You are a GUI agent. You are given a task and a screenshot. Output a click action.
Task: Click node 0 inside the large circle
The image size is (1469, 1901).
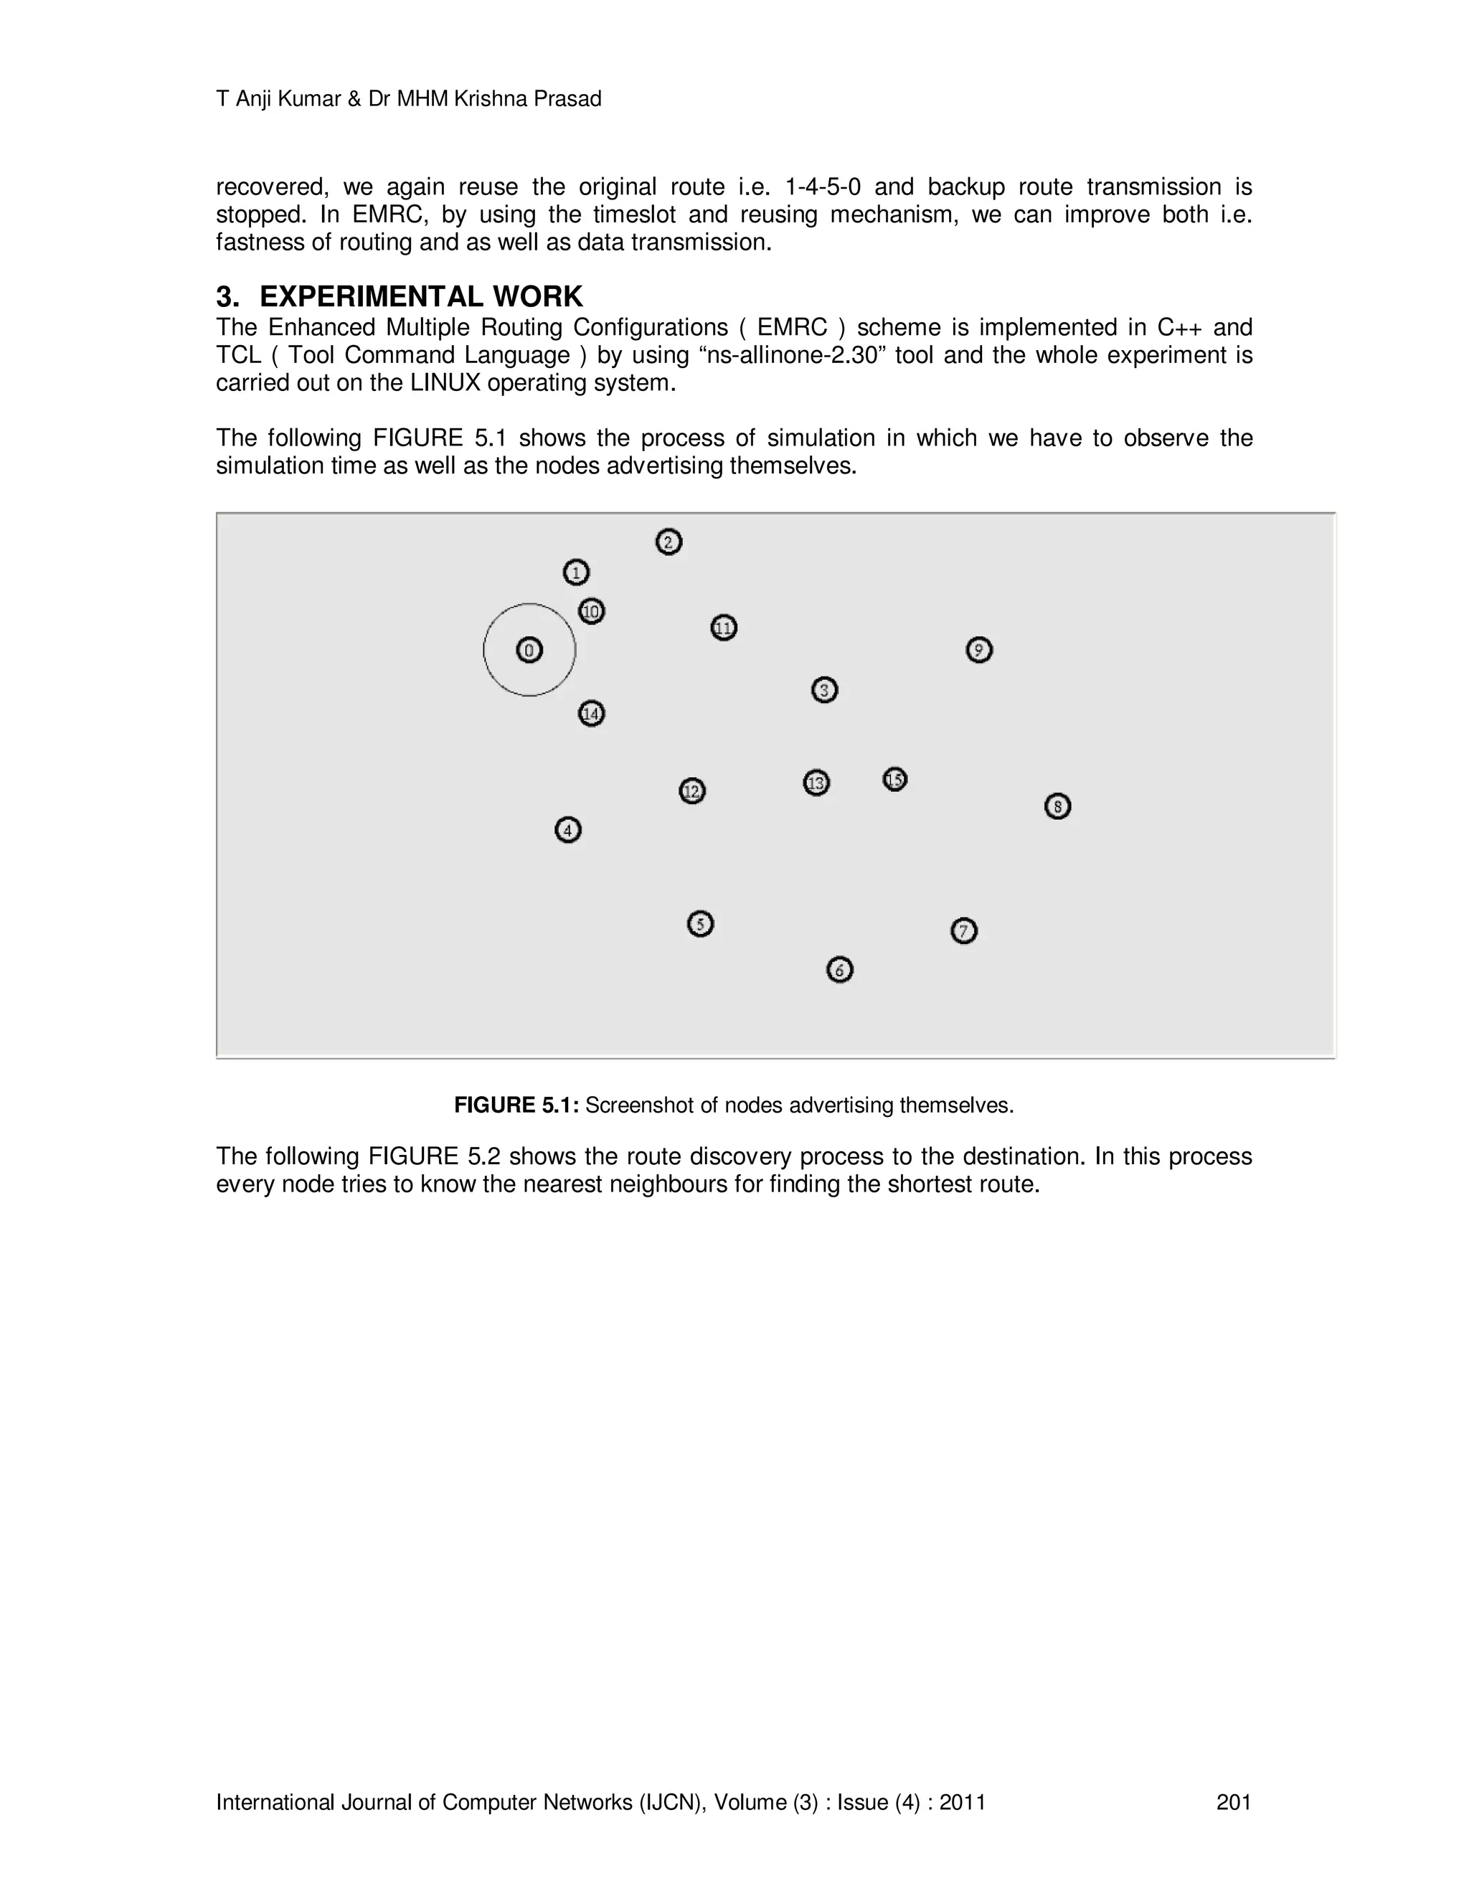[529, 650]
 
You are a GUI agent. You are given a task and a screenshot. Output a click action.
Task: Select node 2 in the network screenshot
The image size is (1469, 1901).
[669, 542]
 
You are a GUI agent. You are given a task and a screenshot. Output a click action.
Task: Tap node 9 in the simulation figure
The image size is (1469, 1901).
[979, 650]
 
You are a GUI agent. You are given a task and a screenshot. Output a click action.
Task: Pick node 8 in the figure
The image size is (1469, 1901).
[1057, 807]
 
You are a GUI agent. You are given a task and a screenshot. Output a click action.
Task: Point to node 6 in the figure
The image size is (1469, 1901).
[840, 970]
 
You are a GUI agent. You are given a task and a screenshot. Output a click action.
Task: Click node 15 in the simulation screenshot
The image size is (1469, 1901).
[894, 779]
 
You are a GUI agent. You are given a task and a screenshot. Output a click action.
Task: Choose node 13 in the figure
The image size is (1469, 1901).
[816, 783]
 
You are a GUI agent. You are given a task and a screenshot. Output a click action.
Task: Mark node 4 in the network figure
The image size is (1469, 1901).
[568, 831]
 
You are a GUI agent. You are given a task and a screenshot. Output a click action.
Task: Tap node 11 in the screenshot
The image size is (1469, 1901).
[724, 628]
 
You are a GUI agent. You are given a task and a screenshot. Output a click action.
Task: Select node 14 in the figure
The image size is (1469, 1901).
[592, 714]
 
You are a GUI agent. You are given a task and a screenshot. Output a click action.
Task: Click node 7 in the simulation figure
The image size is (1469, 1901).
[963, 931]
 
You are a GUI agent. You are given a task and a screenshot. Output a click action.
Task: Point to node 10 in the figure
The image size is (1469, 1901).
[592, 612]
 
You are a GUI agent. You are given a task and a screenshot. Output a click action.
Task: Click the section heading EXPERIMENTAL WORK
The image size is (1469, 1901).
[421, 297]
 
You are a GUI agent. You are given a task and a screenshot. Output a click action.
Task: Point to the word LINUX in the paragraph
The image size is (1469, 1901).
[445, 383]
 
